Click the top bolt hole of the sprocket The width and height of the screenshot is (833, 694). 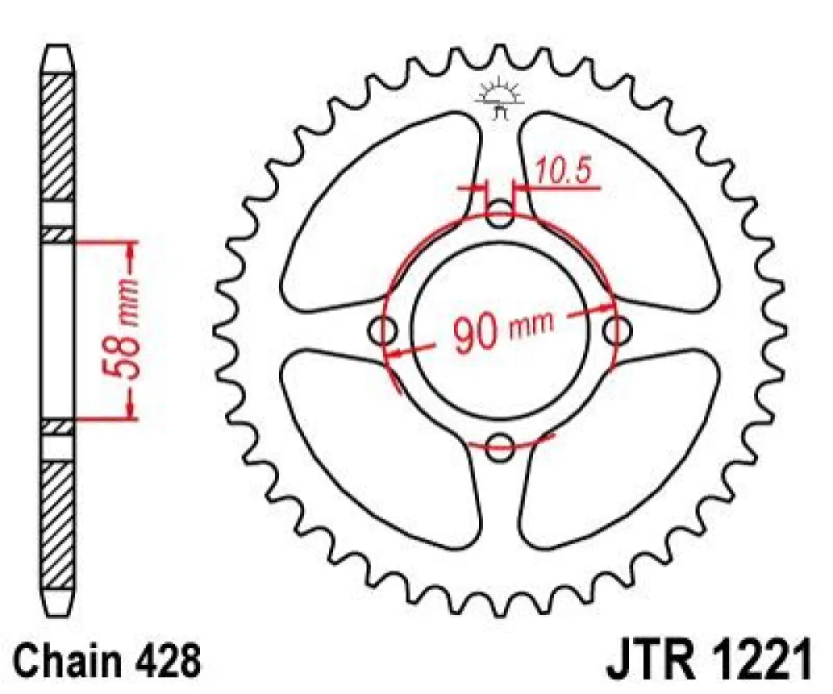pos(500,214)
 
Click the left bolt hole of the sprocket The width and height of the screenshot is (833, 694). pos(384,331)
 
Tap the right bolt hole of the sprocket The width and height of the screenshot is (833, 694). pos(616,331)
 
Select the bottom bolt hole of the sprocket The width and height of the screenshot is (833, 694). pos(500,447)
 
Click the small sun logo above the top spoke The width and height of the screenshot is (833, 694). pos(499,98)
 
